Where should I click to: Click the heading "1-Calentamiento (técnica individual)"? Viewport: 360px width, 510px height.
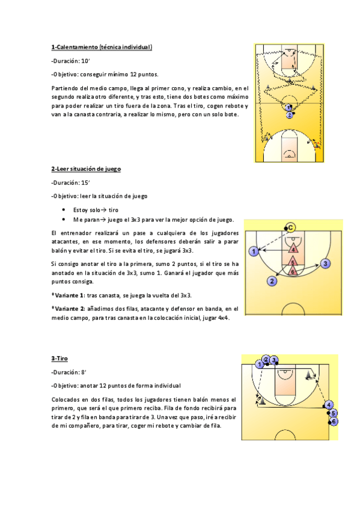pos(102,47)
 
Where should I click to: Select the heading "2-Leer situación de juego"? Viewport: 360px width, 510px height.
pos(86,169)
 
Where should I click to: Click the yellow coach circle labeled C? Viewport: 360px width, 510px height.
pos(290,227)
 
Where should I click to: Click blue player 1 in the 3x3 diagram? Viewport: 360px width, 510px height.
pos(255,251)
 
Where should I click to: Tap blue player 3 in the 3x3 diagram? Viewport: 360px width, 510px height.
pos(325,263)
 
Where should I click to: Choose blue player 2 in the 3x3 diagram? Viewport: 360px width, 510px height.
pos(272,281)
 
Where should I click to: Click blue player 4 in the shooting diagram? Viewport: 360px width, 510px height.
pos(329,405)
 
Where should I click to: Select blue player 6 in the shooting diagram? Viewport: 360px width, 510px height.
pos(335,422)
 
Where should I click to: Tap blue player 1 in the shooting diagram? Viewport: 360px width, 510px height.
pos(260,364)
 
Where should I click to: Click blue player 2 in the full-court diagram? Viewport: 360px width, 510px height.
pos(290,114)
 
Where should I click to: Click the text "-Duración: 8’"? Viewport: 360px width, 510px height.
pos(70,372)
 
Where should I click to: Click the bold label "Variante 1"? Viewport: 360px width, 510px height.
pos(69,295)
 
